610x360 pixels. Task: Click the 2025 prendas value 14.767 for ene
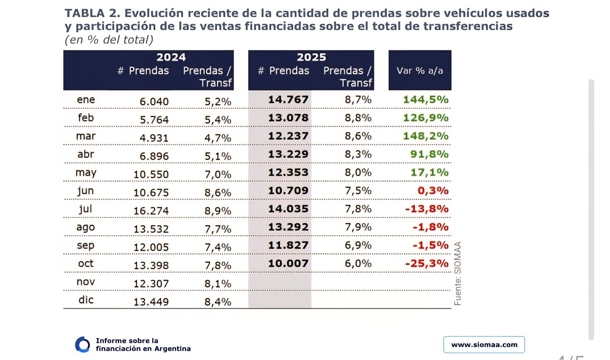tap(288, 100)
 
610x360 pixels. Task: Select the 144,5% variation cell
tap(425, 100)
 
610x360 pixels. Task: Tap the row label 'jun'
tap(85, 190)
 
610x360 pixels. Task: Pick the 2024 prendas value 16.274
tap(151, 211)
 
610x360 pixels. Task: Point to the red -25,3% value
tap(427, 264)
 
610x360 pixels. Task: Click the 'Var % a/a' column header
tap(420, 71)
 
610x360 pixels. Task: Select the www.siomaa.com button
tap(484, 345)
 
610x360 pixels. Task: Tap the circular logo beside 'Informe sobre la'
tap(82, 344)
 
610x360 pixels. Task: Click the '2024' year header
tap(171, 58)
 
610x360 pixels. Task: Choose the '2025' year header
tap(311, 58)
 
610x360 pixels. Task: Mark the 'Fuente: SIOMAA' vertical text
tap(458, 273)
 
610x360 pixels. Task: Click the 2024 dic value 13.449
tap(151, 302)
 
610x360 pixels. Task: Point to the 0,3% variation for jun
tap(433, 191)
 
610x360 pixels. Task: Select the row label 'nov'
tap(85, 282)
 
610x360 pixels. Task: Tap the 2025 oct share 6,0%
tap(358, 264)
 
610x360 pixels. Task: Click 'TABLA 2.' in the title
tap(92, 13)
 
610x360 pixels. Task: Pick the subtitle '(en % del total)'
tap(109, 40)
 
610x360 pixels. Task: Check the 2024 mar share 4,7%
tap(218, 138)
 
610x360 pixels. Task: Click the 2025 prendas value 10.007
tap(288, 264)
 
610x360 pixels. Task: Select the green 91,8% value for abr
tap(429, 154)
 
